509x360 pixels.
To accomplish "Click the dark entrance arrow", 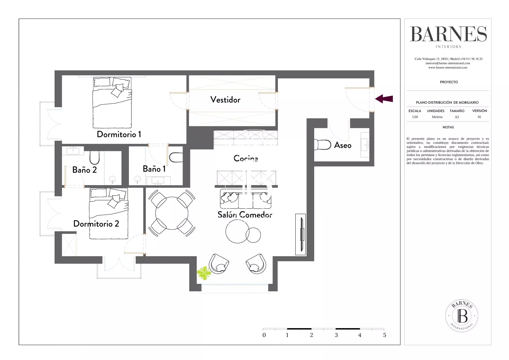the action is (x=384, y=99).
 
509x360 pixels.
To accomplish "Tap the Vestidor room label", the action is (x=225, y=100).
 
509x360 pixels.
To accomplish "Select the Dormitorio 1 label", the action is (x=119, y=134).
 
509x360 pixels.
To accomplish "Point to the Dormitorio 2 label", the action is (x=96, y=224).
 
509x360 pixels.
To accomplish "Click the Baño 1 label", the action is (x=154, y=169).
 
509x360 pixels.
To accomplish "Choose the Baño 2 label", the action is (x=85, y=170).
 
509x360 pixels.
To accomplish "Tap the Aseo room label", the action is (x=343, y=145).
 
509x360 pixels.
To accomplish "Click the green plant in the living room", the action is (x=204, y=274).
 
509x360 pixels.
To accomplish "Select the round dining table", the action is (x=172, y=213).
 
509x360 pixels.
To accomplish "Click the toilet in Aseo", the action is (x=323, y=145).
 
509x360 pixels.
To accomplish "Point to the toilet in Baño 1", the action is (x=176, y=157).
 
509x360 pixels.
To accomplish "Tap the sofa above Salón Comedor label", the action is (x=245, y=199).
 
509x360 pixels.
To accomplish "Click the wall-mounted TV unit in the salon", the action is (x=301, y=235).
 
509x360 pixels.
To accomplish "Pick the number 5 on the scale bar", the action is (x=385, y=335).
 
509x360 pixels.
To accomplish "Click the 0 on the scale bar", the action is (x=264, y=335).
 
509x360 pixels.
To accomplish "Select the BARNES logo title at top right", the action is (x=449, y=34).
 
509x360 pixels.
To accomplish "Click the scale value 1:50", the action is (x=415, y=117).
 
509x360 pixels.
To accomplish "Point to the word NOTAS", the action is (x=448, y=127).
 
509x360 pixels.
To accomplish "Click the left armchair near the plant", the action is (x=219, y=264).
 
